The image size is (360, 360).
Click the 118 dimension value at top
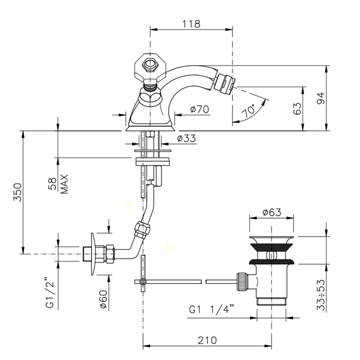[x=191, y=24]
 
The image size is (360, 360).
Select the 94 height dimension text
[x=321, y=98]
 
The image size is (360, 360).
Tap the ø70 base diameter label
[x=200, y=109]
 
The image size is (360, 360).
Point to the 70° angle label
[x=248, y=111]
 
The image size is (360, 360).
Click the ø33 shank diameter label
[x=186, y=138]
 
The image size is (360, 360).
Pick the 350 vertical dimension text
[x=17, y=192]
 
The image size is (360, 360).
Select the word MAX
[x=64, y=184]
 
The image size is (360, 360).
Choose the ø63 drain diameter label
[x=272, y=212]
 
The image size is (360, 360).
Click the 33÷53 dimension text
[x=321, y=295]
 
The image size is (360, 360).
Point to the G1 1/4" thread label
[x=211, y=310]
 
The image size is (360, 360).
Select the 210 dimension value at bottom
[x=207, y=340]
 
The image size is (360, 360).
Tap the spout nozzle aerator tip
[x=224, y=84]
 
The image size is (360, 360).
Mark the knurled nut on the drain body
[x=242, y=282]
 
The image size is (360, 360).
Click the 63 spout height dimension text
[x=297, y=109]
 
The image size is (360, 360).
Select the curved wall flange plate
[x=94, y=254]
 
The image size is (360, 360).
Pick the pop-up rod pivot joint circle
[x=142, y=281]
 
